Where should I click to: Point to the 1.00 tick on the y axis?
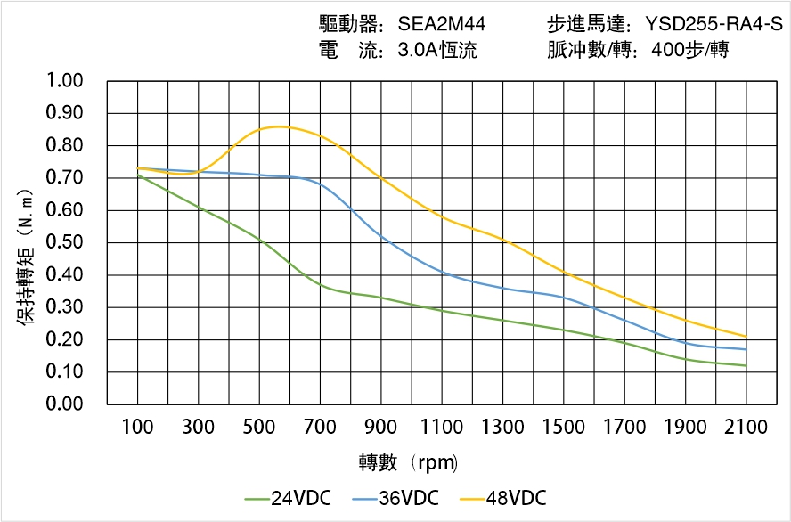pos(63,81)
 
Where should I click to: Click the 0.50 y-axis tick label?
pos(63,242)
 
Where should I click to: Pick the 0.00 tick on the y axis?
pos(63,404)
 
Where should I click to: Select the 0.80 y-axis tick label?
pos(63,145)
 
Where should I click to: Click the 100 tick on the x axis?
pos(137,428)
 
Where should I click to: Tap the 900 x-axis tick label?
pos(381,428)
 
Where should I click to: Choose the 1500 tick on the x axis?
pos(564,428)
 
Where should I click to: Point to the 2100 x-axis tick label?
pos(746,428)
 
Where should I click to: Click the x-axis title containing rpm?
pos(409,462)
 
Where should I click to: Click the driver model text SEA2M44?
pos(442,24)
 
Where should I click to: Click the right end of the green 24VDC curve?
pos(746,365)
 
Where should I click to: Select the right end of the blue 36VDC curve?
pos(746,349)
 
